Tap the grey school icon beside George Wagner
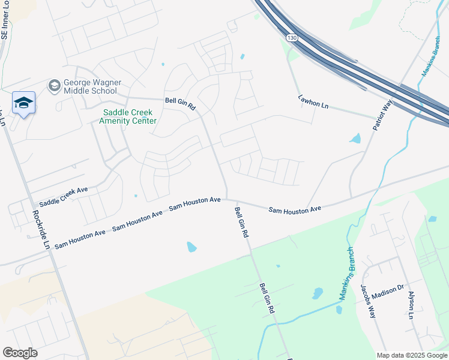55,86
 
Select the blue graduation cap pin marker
23,103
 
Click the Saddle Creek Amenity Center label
128,116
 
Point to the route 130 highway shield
292,37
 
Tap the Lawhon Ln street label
313,102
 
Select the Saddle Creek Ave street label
64,197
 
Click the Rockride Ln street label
40,229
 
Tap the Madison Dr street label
388,289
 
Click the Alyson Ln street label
411,305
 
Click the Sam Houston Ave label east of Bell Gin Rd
295,209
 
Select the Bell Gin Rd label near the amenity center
181,103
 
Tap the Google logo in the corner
20,353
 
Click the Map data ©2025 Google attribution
411,355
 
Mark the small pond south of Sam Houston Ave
191,247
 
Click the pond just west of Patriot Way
355,139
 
